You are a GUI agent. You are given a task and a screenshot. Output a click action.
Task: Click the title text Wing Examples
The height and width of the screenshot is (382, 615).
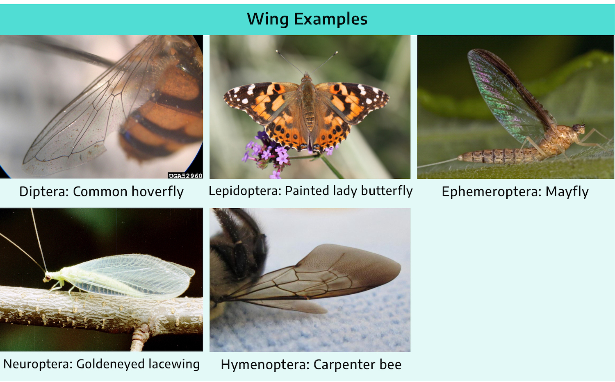coord(307,19)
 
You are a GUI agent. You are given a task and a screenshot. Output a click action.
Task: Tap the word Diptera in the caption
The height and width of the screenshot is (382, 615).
coord(43,191)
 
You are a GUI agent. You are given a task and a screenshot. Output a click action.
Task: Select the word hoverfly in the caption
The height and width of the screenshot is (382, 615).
coord(157,191)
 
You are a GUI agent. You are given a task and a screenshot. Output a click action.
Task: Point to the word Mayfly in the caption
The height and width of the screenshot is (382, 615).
coord(567,191)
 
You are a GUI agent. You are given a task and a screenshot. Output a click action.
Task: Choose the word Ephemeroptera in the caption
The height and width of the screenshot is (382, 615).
coord(491,191)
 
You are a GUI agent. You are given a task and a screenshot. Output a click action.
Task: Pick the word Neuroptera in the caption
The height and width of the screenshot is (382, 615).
coord(38,364)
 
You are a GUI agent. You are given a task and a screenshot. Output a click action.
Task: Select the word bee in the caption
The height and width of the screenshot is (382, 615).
coord(390,365)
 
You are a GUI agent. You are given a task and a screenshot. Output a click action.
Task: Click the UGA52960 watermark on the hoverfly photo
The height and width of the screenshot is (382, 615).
coord(185,176)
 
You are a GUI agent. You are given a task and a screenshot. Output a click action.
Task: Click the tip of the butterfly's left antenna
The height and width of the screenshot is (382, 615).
coord(277,51)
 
